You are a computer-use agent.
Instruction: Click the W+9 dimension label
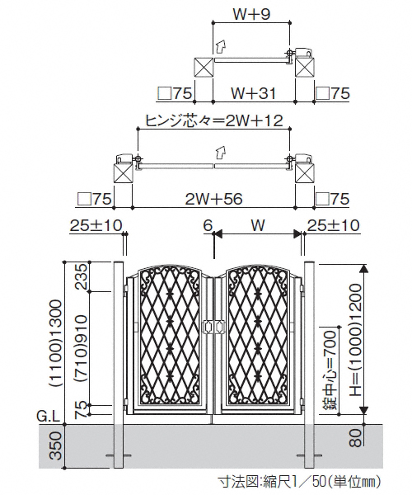pyautogui.click(x=252, y=14)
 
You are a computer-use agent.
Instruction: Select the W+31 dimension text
pyautogui.click(x=253, y=93)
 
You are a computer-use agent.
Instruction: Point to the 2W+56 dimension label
pyautogui.click(x=213, y=199)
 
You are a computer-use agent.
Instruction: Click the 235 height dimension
pyautogui.click(x=80, y=276)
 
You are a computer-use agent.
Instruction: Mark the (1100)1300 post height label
pyautogui.click(x=55, y=343)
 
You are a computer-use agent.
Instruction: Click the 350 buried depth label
pyautogui.click(x=55, y=445)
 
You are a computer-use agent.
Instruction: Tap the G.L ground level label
pyautogui.click(x=49, y=417)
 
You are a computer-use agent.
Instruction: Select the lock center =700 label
pyautogui.click(x=331, y=370)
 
